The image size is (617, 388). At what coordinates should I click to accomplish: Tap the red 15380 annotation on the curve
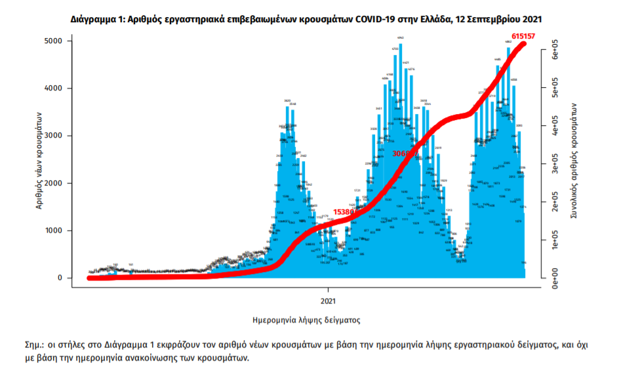344,212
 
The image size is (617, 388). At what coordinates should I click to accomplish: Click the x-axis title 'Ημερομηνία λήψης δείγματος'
306,320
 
